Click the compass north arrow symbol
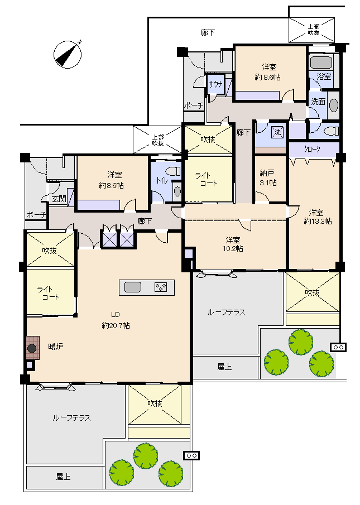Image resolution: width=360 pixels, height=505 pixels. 68,54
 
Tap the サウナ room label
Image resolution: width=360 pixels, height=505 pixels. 215,84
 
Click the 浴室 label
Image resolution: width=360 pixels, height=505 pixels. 324,76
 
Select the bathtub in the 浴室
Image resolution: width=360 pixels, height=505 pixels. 321,62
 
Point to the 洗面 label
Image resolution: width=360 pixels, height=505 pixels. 318,102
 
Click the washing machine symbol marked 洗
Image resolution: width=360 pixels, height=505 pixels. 277,132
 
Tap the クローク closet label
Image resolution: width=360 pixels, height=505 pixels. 313,149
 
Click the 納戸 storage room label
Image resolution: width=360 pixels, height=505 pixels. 267,174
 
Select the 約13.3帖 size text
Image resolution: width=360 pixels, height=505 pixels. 318,222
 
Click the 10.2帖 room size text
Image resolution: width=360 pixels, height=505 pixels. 233,248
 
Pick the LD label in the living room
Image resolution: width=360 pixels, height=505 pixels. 116,315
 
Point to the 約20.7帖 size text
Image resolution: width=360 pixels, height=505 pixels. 116,326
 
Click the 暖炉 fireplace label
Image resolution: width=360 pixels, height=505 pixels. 55,347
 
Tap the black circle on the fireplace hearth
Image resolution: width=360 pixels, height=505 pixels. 32,348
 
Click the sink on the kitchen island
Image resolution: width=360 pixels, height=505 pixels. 133,287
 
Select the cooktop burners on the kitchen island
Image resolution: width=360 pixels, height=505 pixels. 160,287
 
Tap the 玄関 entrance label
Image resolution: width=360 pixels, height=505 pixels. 59,199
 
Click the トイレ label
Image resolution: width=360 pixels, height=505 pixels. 162,180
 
